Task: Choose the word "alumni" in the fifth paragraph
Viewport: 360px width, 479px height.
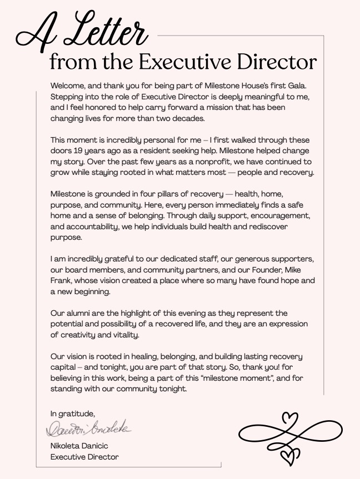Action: pyautogui.click(x=79, y=313)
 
